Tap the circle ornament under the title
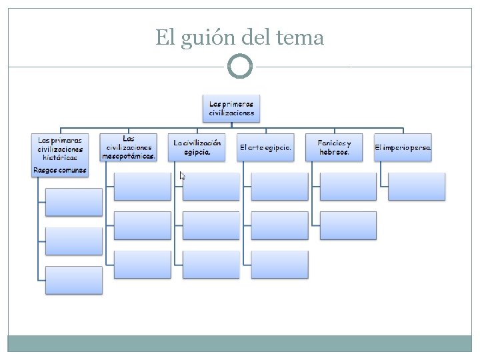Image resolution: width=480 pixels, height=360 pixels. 240,66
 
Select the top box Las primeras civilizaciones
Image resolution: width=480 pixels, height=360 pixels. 231,109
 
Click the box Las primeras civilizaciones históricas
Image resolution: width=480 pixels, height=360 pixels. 60,149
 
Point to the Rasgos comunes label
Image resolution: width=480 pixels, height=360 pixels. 60,171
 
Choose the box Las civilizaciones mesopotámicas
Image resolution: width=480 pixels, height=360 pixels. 129,147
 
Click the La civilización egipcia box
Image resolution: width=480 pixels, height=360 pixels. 197,147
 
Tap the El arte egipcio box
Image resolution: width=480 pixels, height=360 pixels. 265,147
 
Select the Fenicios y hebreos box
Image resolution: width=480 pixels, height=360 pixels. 334,147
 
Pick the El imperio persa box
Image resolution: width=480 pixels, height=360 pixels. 403,147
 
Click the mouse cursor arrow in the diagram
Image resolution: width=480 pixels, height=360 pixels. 182,176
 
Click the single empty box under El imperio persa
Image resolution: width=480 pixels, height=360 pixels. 416,187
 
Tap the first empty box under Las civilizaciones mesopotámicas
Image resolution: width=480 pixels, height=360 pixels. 143,187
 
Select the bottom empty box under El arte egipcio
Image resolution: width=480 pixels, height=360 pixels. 280,265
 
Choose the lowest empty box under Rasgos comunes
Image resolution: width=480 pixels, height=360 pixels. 74,280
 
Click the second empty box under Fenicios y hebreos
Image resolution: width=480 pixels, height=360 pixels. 348,225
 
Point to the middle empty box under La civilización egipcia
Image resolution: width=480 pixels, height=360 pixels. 211,225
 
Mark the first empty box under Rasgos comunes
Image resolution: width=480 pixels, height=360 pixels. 74,202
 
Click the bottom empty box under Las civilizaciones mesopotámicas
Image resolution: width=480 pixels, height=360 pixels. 143,265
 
